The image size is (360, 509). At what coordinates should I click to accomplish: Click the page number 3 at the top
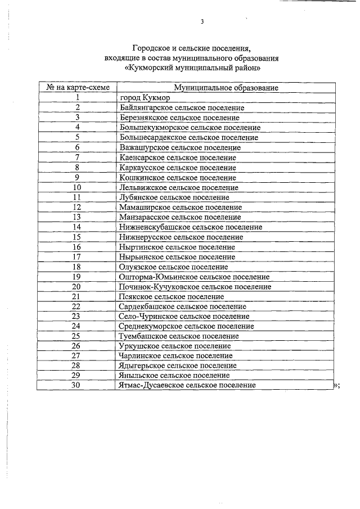pos(201,22)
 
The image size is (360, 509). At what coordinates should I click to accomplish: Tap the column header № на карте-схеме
pos(78,88)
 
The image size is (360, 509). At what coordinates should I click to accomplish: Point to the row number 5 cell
pos(78,137)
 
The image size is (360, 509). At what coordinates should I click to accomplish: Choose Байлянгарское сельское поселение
pos(182,107)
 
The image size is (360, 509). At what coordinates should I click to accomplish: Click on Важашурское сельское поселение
pos(180,147)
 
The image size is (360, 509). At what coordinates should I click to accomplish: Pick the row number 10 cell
pos(78,187)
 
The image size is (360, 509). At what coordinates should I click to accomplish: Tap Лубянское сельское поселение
pos(174,197)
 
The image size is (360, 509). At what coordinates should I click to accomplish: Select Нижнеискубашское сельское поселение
pos(191,227)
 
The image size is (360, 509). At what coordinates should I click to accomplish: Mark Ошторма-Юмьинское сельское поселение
pos(194,277)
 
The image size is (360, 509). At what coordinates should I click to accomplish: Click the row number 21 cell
pos(78,296)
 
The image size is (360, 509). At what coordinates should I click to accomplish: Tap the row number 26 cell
pos(78,346)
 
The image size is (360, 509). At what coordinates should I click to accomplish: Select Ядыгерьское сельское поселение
pos(178,366)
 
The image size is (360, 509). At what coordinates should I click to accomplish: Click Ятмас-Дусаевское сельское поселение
pos(188,385)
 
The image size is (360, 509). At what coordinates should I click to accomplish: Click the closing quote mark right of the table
pos(335,385)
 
